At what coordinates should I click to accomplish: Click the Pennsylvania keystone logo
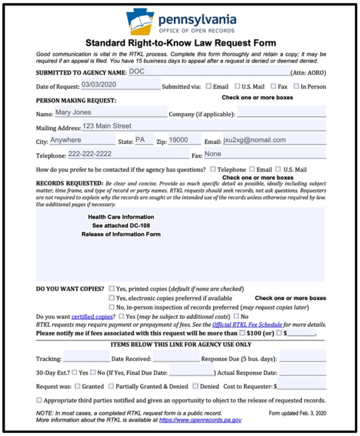pos(140,21)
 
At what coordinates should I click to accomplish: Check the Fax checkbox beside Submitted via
pos(274,86)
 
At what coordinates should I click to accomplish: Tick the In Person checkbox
pos(296,86)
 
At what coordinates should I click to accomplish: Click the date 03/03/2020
pos(99,84)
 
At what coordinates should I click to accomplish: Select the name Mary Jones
pos(73,113)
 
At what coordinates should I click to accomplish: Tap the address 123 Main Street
pos(107,126)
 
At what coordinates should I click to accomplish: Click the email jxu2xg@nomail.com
pos(255,140)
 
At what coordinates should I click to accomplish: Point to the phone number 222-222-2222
pos(90,154)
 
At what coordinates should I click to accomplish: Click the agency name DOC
pos(137,72)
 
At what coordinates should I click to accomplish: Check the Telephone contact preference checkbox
pos(213,169)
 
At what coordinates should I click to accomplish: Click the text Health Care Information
pos(121,217)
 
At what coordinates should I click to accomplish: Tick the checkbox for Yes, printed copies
pos(112,289)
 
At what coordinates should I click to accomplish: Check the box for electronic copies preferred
pos(112,298)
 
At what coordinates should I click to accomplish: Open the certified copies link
pos(92,317)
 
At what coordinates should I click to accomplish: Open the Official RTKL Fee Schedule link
pos(247,324)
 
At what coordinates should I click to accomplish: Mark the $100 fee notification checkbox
pos(242,333)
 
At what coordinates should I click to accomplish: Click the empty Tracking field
pos(86,358)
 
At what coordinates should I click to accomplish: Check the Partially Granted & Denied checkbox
pos(111,386)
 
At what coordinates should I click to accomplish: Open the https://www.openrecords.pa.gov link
pos(200,420)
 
